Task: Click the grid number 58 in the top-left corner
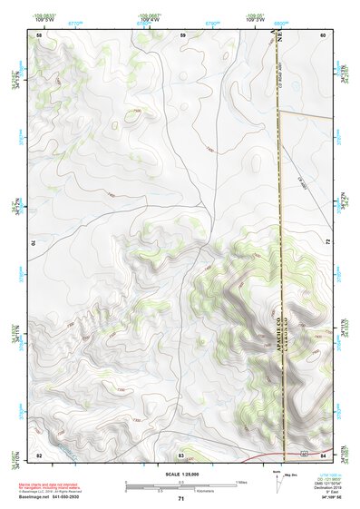click(39, 35)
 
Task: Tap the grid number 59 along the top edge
click(182, 35)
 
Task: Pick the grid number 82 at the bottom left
click(39, 454)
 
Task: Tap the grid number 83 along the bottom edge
click(181, 454)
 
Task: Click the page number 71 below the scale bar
click(180, 499)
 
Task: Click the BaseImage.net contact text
click(68, 495)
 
